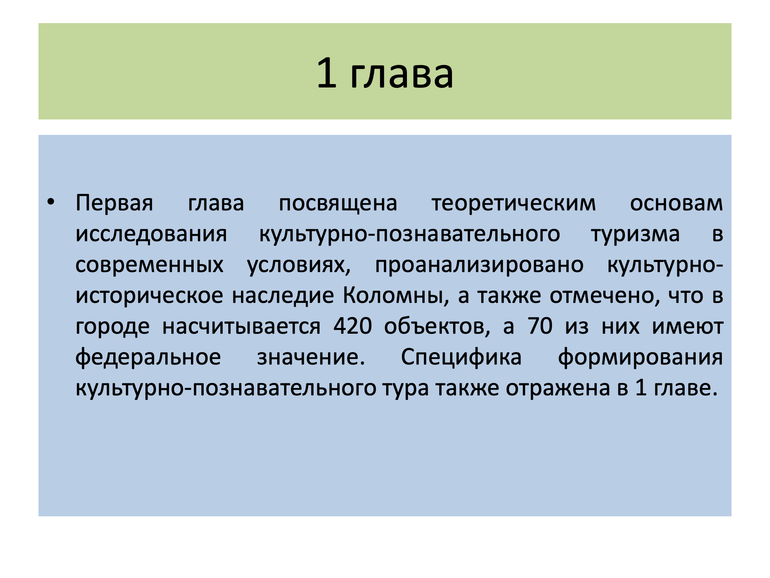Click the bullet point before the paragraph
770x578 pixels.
coord(50,202)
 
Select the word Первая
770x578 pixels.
coord(114,203)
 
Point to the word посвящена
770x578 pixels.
coord(338,203)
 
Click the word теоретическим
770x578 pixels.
coord(514,203)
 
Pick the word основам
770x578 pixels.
coord(676,203)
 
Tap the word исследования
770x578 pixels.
coord(151,234)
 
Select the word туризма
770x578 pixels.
coord(636,234)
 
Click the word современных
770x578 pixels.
coord(149,265)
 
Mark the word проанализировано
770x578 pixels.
coord(479,265)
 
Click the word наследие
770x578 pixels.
coord(283,296)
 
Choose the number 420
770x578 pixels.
coord(353,326)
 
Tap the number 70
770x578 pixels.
coord(540,326)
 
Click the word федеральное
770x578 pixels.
coord(148,357)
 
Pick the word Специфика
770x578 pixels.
coord(461,357)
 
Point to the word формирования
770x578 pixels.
coord(640,357)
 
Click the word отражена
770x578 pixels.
coord(558,388)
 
